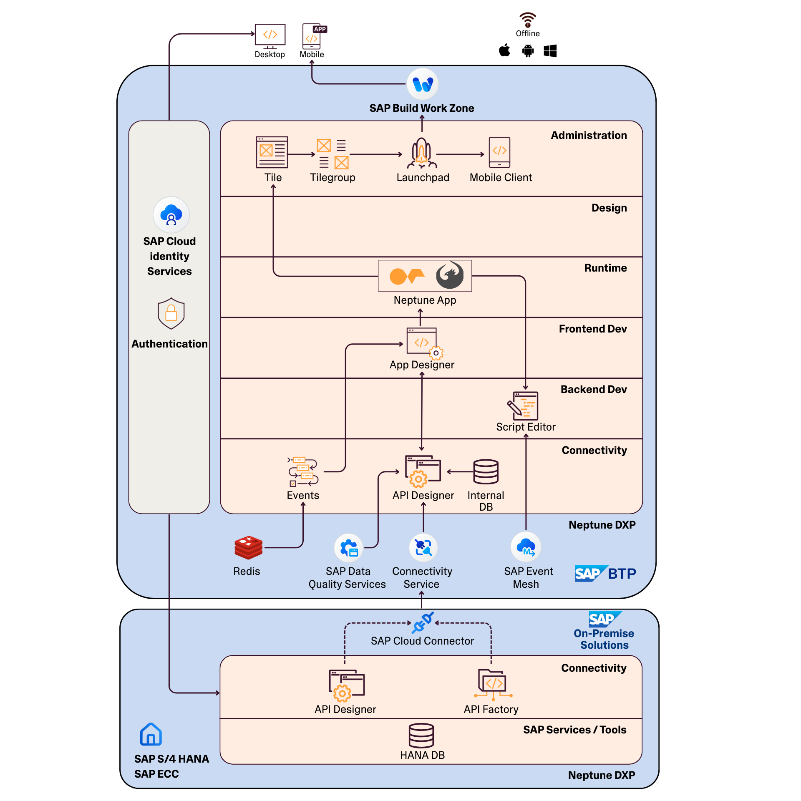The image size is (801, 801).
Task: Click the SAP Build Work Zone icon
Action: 422,84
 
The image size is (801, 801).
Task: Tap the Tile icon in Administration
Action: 272,152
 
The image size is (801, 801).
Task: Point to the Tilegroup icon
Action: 332,154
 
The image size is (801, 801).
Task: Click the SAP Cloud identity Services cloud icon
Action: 171,215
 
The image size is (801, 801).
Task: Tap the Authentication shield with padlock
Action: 171,313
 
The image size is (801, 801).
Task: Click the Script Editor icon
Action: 523,406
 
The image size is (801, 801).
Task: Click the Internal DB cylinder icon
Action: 486,472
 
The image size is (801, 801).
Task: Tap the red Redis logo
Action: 248,547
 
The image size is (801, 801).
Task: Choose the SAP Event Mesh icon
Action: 526,547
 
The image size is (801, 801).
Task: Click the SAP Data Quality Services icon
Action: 348,548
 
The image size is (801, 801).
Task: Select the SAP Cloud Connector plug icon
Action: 423,623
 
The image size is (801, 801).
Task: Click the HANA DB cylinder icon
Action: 421,736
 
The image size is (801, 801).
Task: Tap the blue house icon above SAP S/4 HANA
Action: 151,734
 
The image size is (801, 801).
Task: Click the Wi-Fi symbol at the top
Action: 528,20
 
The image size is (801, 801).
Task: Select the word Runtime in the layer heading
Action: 605,268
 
